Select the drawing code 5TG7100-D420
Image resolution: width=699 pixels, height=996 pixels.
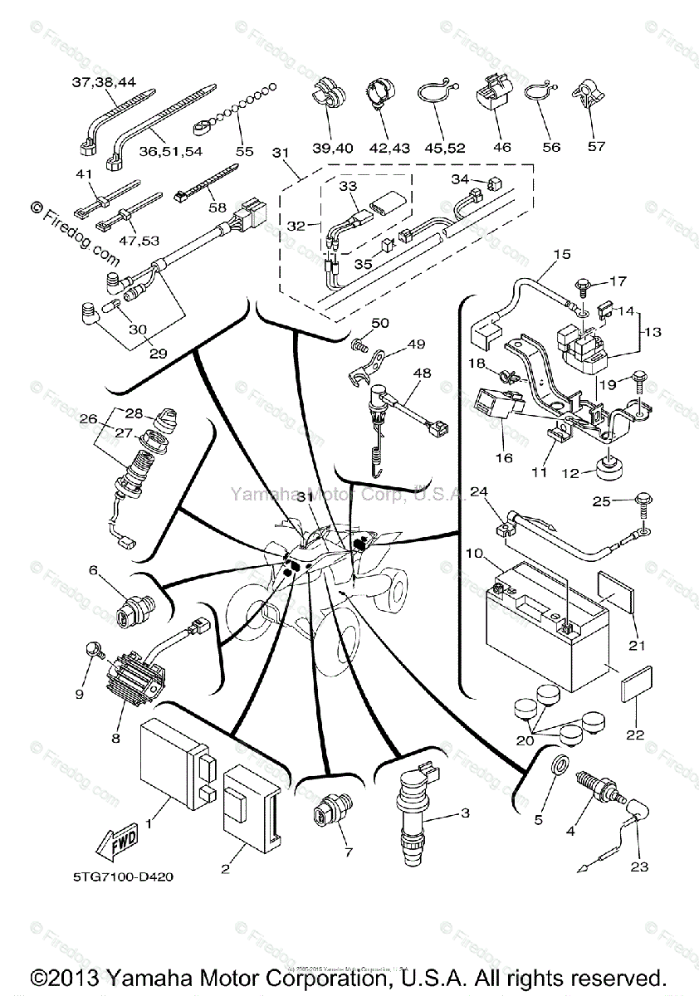[x=122, y=876]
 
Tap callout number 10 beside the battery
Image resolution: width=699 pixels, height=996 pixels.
[x=472, y=553]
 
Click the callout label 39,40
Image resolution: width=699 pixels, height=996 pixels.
[x=332, y=147]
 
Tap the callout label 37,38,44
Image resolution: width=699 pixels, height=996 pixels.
[x=103, y=81]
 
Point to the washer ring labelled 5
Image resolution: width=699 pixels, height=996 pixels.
[x=560, y=764]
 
